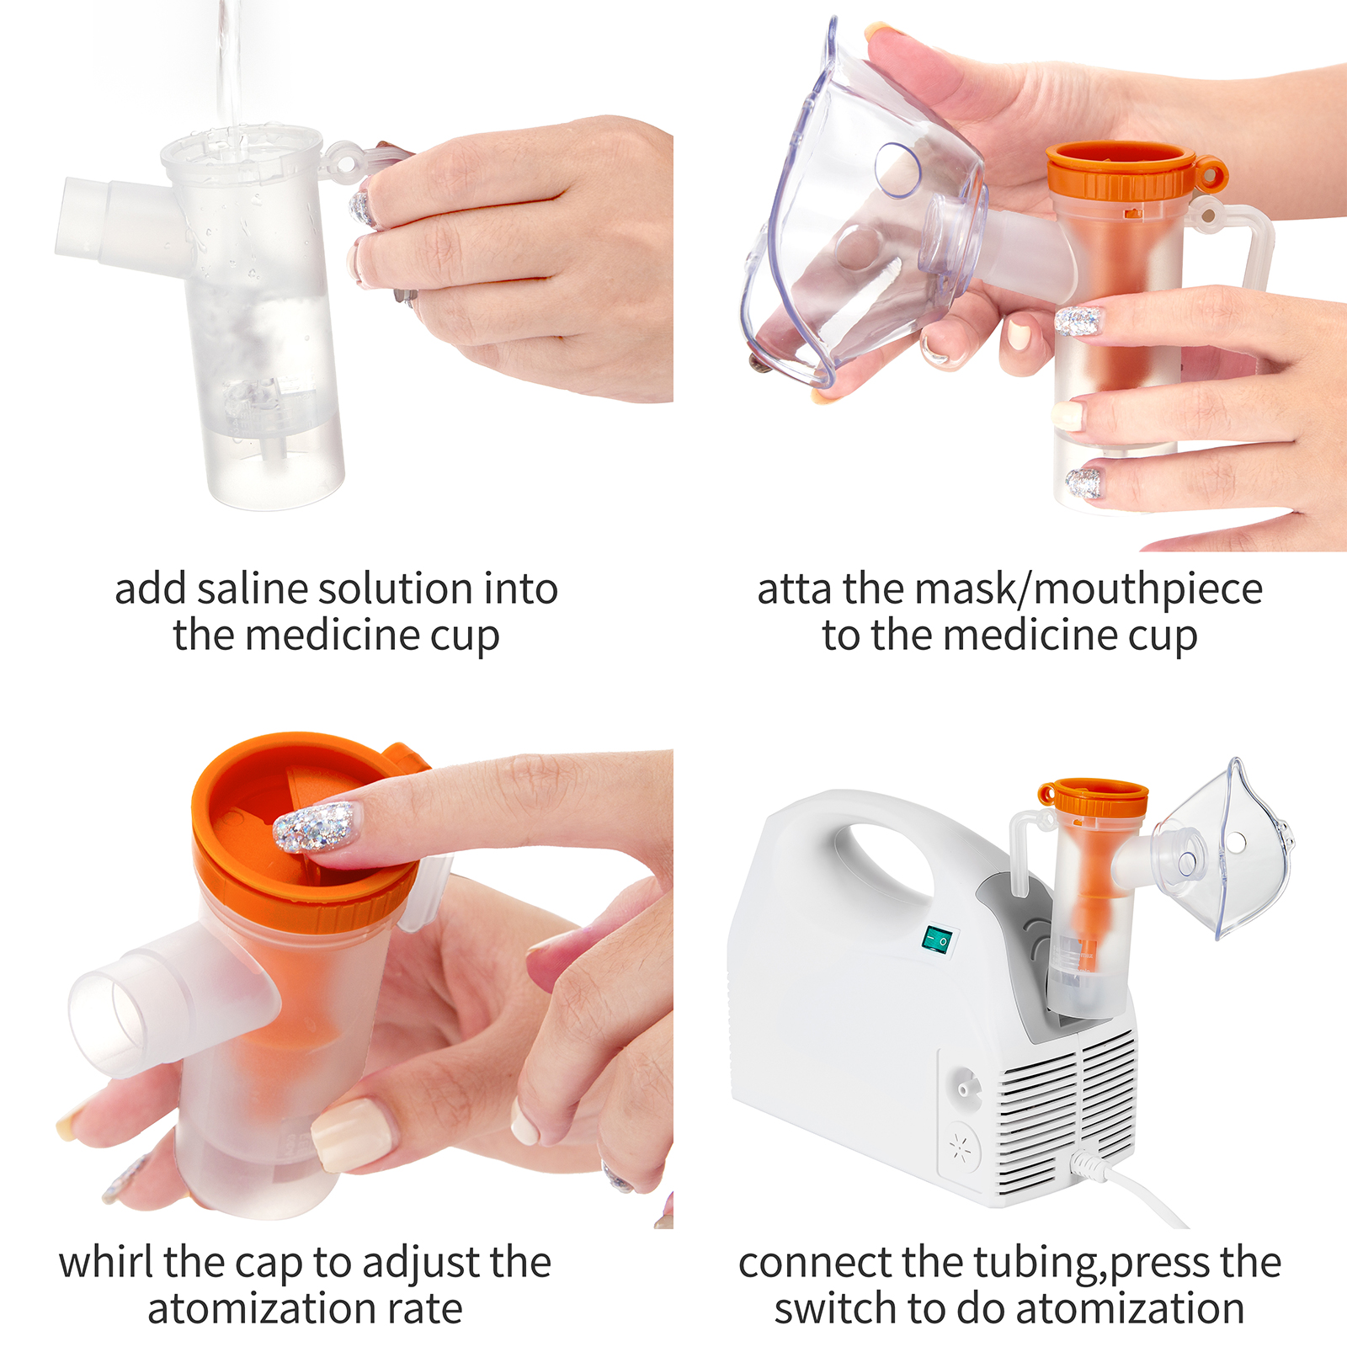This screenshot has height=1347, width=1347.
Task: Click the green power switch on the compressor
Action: tap(938, 940)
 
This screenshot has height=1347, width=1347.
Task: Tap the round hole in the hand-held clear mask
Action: tap(898, 169)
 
